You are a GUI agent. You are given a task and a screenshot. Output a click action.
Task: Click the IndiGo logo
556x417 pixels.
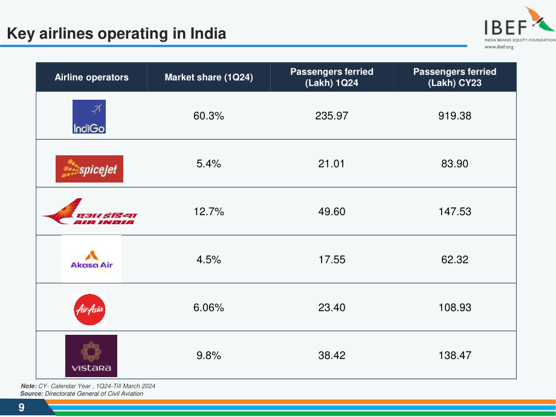coord(89,116)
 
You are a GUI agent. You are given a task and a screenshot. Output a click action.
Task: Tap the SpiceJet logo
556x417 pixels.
coord(89,169)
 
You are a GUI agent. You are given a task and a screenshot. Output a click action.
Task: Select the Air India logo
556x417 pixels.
coord(89,212)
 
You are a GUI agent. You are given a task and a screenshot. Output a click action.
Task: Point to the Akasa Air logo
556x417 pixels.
coord(91,259)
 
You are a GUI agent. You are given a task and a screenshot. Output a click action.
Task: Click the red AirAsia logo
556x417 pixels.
coord(89,309)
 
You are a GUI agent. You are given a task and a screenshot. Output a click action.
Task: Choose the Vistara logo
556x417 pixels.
coord(91,355)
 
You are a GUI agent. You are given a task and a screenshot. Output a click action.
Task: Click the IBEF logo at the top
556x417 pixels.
coord(520,28)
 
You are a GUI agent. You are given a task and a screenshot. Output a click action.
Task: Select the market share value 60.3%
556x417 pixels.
coord(208,116)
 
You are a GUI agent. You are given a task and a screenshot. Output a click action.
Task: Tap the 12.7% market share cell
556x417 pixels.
coord(208,212)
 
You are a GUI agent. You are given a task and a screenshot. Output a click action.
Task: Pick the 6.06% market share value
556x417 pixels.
coord(208,308)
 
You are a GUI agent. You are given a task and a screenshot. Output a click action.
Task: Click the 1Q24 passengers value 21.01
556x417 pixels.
coord(332,164)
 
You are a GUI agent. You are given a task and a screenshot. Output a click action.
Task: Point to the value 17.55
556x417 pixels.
coord(332,259)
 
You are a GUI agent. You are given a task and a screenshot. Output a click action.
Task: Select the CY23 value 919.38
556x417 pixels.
coord(454,116)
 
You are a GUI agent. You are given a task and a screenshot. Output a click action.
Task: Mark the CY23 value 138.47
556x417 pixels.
coord(454,355)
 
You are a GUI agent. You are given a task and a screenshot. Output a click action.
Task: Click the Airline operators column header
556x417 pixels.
coord(91,77)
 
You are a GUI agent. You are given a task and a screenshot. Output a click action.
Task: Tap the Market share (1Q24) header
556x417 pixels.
coord(208,77)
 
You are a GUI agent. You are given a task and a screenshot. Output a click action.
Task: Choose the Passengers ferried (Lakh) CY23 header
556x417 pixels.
coord(454,77)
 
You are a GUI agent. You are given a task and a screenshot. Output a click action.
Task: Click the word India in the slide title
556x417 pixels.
coord(208,33)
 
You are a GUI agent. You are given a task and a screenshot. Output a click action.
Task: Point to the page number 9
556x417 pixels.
coord(21,407)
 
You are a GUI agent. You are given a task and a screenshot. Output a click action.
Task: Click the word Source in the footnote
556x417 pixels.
coord(31,393)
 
